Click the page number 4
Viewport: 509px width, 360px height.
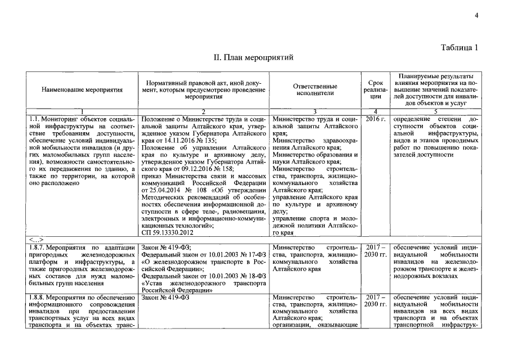[476, 16]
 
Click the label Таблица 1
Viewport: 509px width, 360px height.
[460, 47]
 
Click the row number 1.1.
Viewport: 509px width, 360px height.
[35, 120]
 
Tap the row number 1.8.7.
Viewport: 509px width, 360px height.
[38, 247]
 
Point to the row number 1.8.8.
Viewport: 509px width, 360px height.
[38, 297]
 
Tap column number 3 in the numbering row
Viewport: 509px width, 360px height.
[315, 111]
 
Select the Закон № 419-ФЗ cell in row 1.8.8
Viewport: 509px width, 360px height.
[166, 297]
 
